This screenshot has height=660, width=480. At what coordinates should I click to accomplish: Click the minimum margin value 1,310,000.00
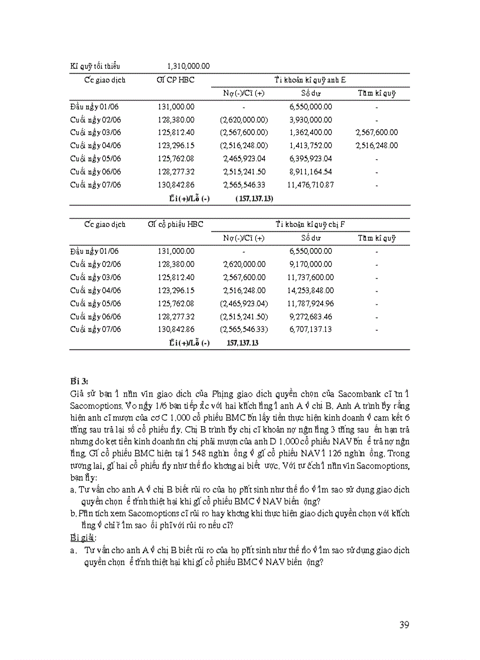click(189, 66)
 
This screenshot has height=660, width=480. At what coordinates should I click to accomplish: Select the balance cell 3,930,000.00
click(311, 120)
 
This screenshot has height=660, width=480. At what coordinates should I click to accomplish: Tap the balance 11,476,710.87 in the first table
click(311, 185)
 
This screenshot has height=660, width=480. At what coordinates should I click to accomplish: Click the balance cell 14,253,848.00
click(311, 290)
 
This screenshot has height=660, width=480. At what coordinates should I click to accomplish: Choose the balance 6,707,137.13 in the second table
click(311, 329)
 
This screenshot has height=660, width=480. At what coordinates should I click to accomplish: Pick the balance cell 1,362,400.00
click(311, 133)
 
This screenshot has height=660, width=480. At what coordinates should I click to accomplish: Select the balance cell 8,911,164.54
click(311, 172)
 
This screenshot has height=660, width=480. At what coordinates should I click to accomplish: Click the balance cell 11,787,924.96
click(311, 303)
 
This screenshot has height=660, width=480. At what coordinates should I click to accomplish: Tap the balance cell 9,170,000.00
click(311, 264)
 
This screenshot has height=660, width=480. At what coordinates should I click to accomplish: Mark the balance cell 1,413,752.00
click(311, 146)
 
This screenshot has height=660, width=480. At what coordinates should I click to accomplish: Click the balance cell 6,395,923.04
click(311, 159)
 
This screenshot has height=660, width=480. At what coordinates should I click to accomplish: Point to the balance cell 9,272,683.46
click(311, 316)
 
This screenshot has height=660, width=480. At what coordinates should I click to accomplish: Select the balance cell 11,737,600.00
click(311, 277)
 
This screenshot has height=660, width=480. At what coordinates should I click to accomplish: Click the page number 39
click(404, 625)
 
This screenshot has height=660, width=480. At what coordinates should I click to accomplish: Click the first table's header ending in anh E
click(313, 79)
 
